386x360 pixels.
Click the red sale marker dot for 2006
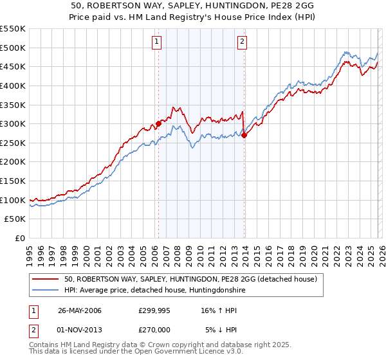[158, 123]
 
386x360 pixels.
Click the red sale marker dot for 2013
[244, 135]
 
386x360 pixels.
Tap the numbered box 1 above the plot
[157, 42]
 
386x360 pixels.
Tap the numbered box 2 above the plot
[243, 42]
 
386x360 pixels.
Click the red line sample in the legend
[46, 280]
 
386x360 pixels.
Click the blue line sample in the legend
[46, 291]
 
